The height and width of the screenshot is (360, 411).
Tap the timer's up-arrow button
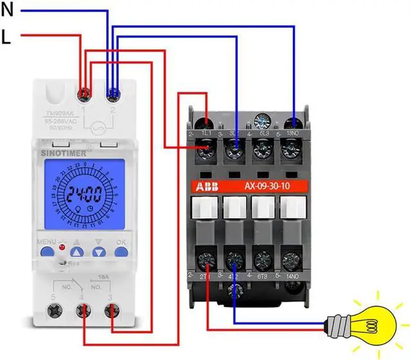pos(76,252)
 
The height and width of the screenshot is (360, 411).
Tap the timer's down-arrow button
pos(98,252)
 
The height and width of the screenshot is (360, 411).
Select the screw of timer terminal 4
pos(83,312)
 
